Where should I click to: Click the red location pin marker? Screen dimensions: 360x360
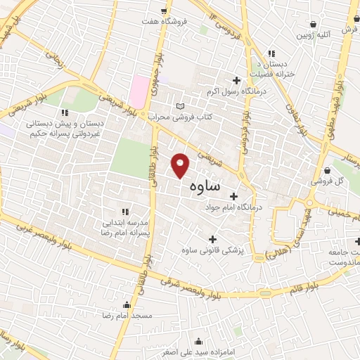181,165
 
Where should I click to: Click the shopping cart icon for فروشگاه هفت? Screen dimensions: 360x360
164,11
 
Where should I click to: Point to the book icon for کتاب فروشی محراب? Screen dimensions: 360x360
181,103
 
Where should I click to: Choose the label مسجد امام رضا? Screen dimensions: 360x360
127,316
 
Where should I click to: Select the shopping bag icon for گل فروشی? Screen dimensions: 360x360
328,169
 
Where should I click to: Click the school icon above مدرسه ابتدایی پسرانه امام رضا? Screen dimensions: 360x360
125,211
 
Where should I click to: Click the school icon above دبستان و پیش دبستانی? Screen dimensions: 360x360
65,112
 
